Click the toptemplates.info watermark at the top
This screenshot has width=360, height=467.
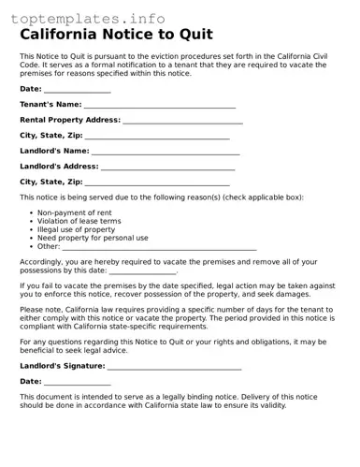tap(88, 19)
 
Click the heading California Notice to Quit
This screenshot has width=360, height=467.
tap(116, 36)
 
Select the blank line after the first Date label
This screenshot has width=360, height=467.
tap(78, 91)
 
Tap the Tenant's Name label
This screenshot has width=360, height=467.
tap(50, 105)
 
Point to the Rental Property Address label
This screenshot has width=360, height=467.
tap(70, 120)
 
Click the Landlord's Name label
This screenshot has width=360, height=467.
tap(54, 151)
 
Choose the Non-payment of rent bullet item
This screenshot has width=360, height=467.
tap(74, 213)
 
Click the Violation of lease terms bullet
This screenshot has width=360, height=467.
tap(79, 222)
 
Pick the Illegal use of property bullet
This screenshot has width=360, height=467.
tap(76, 230)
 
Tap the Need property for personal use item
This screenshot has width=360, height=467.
tap(92, 239)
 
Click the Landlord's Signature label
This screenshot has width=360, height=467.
tap(63, 367)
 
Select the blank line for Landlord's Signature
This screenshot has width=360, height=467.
tap(175, 368)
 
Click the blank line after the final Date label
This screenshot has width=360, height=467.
tap(78, 383)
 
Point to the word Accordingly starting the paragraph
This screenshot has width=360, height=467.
tap(41, 262)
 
